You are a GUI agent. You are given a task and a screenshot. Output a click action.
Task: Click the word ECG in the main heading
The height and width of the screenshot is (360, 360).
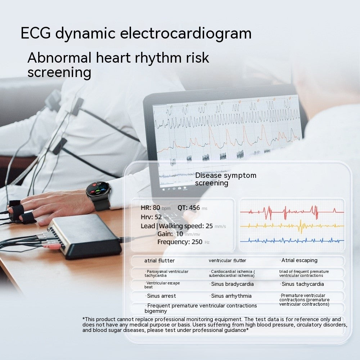tap(36, 33)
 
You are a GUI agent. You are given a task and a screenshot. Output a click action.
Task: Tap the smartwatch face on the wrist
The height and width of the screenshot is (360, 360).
tap(98, 190)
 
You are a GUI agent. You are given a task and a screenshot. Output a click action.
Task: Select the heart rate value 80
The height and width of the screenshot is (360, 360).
tap(156, 208)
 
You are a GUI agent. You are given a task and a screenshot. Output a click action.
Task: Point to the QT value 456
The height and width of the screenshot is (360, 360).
tap(194, 208)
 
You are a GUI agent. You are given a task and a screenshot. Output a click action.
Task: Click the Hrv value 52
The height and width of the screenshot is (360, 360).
tap(158, 217)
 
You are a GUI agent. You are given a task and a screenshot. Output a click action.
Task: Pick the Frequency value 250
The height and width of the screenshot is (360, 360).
tap(197, 242)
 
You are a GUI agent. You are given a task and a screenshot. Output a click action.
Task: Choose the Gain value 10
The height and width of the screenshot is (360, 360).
tap(179, 234)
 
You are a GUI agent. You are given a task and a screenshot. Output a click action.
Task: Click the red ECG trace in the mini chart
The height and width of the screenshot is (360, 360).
tap(292, 212)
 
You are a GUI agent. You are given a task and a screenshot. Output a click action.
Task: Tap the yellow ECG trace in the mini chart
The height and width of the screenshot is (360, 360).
tap(292, 226)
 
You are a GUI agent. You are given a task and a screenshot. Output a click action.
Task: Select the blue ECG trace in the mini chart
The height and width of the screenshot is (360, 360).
tap(292, 240)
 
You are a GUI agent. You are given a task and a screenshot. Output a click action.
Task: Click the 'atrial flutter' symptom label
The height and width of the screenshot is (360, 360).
tap(159, 261)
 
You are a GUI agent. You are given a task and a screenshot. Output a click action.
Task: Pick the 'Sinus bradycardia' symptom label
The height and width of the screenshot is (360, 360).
tap(232, 284)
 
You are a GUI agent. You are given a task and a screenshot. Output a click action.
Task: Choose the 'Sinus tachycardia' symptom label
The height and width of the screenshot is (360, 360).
tap(302, 284)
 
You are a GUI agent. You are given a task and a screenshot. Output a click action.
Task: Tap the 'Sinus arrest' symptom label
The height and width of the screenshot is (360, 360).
tap(161, 296)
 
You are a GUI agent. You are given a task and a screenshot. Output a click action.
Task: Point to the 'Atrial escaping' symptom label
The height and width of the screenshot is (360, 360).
tap(299, 260)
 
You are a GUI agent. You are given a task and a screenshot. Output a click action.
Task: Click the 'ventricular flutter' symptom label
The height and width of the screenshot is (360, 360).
tap(227, 261)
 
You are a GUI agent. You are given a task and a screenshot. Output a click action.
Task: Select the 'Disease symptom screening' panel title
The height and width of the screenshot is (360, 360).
tap(226, 179)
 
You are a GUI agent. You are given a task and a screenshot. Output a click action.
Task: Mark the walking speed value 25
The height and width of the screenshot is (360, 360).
tap(209, 226)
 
